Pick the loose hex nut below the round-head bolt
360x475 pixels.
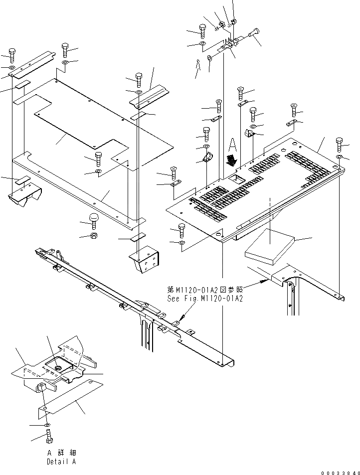click(94, 235)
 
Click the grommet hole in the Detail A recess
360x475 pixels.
click(58, 367)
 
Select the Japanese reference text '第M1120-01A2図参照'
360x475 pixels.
click(205, 289)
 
